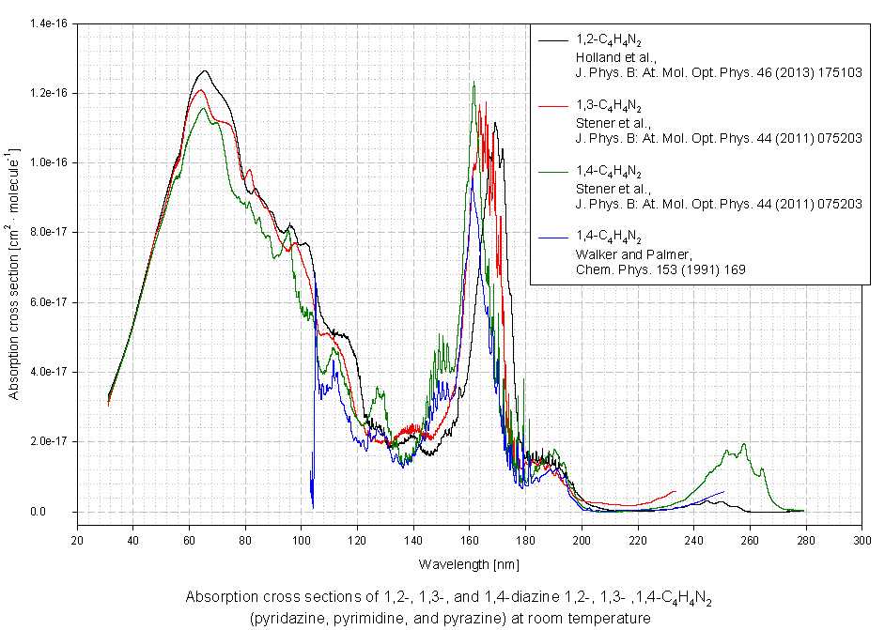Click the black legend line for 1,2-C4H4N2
553,40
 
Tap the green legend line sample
553,172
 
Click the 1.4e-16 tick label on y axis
50,23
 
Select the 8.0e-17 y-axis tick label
50,232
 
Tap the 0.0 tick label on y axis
61,512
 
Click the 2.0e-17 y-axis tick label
50,441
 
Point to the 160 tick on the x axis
470,542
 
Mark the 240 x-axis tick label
694,542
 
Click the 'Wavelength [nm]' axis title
470,564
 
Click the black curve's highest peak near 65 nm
204,71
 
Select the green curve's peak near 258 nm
743,445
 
